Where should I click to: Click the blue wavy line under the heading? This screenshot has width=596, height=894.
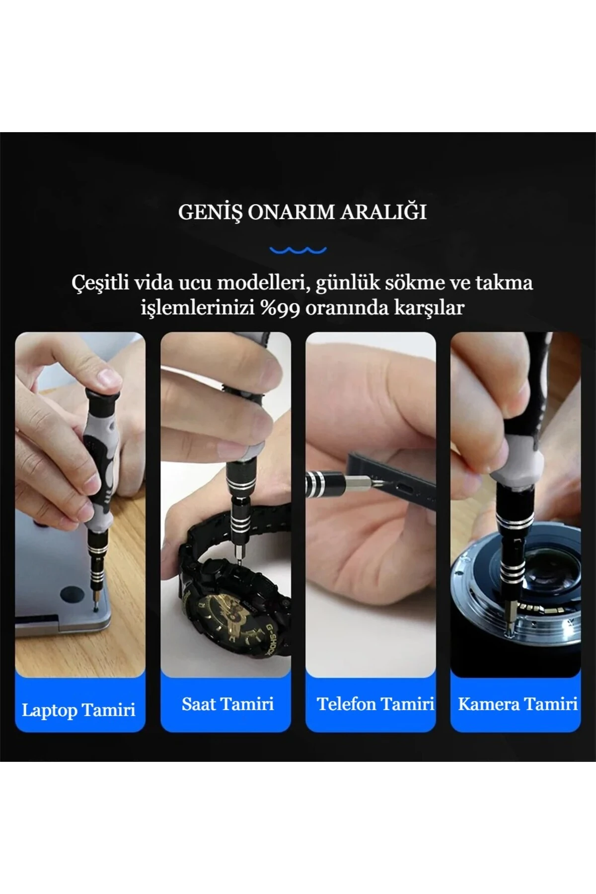coord(298,250)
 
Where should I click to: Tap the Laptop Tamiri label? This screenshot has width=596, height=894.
coord(78,710)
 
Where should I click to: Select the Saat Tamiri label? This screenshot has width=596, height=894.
coord(227,704)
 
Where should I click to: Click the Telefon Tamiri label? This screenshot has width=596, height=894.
coord(375,704)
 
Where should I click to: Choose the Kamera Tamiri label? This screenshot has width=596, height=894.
coord(518,704)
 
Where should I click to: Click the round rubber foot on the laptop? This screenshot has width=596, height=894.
coord(71,596)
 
